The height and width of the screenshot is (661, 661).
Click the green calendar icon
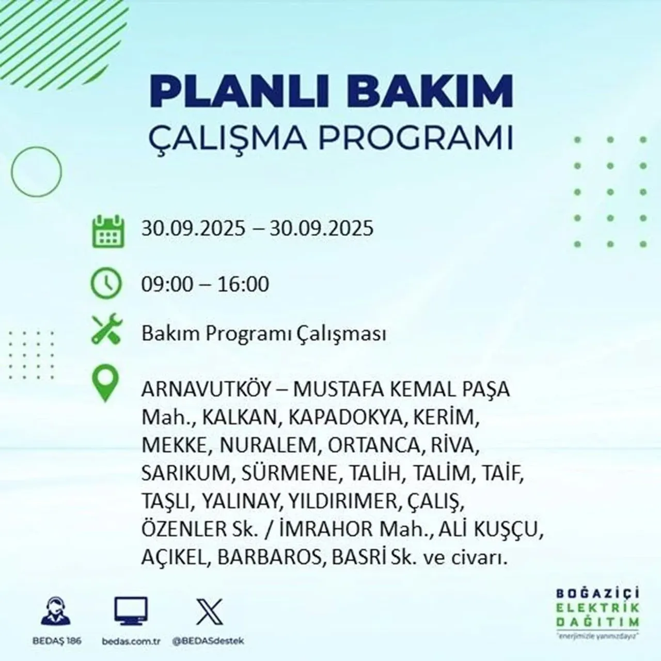coord(108,231)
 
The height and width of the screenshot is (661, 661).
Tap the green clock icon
coord(106,284)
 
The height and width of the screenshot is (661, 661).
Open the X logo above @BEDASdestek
coord(210,612)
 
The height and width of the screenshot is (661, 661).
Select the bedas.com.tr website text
coord(131,641)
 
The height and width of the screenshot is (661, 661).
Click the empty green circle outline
coord(36,170)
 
